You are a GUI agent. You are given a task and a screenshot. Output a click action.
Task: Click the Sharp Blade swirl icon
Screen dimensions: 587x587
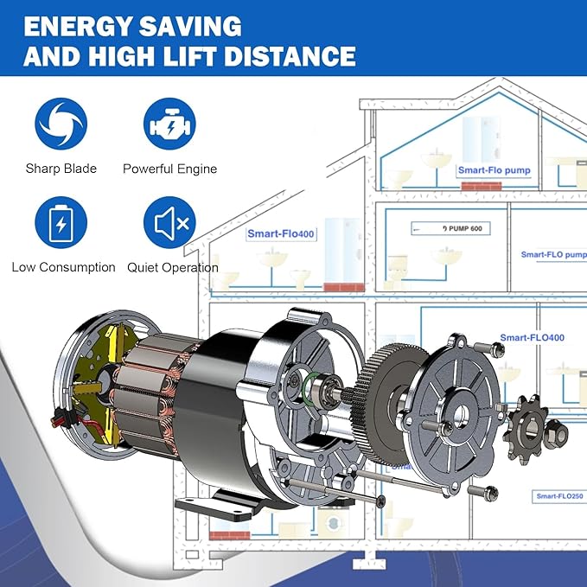click(x=61, y=124)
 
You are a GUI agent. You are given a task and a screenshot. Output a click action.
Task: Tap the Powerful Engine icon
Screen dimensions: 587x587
click(x=169, y=124)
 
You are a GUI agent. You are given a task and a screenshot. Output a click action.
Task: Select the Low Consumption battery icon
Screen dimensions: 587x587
click(x=61, y=222)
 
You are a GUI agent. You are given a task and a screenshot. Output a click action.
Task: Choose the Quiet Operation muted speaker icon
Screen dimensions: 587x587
click(x=169, y=222)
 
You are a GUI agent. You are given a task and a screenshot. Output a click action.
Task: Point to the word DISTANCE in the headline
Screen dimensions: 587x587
click(x=290, y=56)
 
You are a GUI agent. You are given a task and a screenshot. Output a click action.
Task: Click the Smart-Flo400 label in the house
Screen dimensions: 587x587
click(x=281, y=234)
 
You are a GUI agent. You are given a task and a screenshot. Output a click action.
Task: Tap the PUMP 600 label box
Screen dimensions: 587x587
click(x=450, y=228)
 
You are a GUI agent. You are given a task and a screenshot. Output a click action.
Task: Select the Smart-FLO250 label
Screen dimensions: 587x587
click(x=559, y=496)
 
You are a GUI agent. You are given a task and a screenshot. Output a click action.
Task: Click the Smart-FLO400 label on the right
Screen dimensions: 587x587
click(x=532, y=338)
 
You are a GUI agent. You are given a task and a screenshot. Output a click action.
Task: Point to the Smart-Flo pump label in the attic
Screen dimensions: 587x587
click(x=494, y=170)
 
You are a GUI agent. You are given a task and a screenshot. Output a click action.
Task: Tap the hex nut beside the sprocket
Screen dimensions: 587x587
click(x=556, y=434)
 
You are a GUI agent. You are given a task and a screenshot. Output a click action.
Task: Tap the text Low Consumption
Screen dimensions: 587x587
click(x=64, y=267)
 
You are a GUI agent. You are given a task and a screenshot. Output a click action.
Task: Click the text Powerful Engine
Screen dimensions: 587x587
click(x=170, y=169)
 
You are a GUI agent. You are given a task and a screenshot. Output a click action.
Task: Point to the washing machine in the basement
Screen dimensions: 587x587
click(x=332, y=523)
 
